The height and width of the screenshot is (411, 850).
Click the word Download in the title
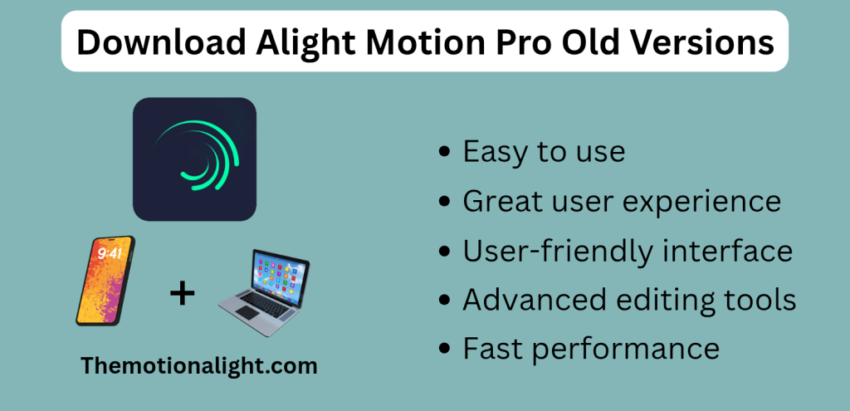pos(159,42)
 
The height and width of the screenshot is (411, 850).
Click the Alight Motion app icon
pos(194,159)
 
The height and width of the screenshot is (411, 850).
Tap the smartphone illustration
pos(105,281)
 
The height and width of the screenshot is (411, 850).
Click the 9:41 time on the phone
pos(110,254)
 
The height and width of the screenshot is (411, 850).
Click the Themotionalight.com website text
pos(199,365)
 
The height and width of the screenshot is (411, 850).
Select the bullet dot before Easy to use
pos(444,153)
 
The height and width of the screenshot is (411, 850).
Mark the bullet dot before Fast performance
pos(444,350)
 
